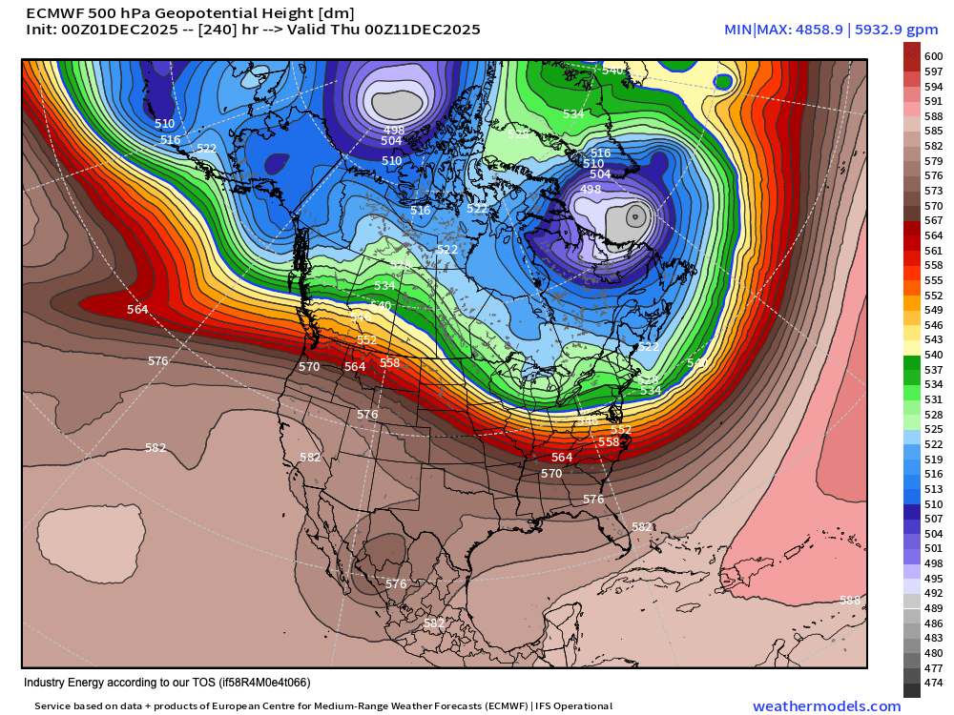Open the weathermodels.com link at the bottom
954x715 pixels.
click(x=826, y=706)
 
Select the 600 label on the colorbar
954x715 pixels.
click(x=934, y=57)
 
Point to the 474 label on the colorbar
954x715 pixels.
click(x=934, y=683)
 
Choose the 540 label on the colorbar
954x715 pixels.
click(x=934, y=355)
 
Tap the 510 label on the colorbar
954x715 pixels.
click(x=934, y=503)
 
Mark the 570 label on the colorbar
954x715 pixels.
click(x=934, y=206)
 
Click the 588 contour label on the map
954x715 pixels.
click(x=848, y=600)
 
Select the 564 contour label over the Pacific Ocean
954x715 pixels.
click(x=138, y=309)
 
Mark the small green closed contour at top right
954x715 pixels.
click(x=723, y=82)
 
